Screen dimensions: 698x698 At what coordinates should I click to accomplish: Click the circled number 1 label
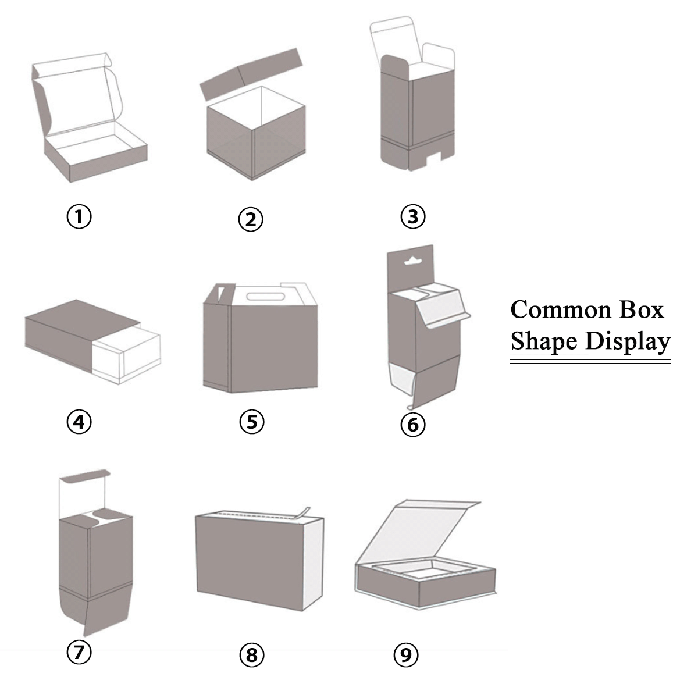tap(79, 216)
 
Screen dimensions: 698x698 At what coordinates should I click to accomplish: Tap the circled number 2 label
tap(251, 219)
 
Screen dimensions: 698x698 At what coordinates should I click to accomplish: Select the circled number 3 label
tap(413, 216)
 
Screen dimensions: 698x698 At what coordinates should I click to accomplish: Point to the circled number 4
tap(79, 422)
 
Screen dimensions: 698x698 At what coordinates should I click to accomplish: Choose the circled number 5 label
tap(252, 422)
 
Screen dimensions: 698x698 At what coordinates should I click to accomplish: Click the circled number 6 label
tap(413, 425)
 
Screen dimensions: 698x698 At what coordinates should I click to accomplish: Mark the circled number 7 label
tap(79, 652)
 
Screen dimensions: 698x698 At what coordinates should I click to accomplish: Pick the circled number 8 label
tap(252, 654)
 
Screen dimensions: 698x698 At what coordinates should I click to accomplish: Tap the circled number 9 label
tap(406, 654)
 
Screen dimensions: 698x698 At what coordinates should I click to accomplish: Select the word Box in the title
tap(642, 310)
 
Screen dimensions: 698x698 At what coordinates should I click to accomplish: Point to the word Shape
tap(544, 342)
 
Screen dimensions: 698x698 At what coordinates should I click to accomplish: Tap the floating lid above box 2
tap(251, 74)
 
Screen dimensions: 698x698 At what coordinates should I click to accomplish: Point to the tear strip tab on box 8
tap(302, 513)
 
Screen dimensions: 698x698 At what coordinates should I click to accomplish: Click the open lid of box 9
tap(418, 532)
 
